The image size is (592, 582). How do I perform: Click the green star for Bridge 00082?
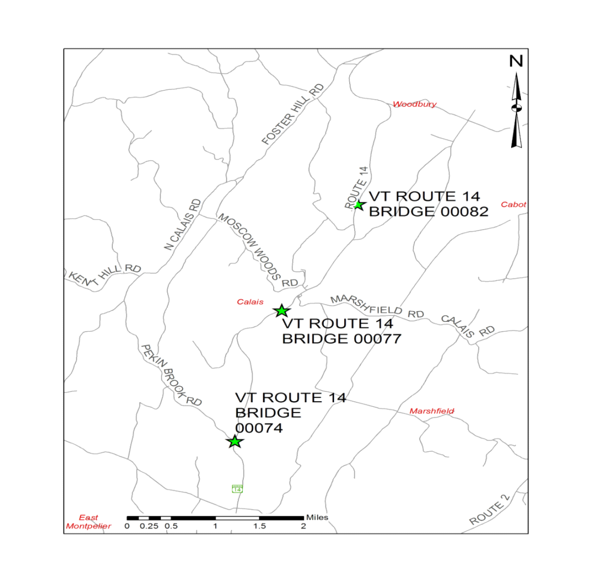359,205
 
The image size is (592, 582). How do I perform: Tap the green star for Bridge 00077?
281,311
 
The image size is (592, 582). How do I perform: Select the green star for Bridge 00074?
235,441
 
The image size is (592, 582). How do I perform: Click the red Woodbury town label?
414,104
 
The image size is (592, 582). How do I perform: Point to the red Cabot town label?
513,204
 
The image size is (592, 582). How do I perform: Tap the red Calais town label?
250,302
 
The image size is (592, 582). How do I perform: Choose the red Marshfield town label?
432,411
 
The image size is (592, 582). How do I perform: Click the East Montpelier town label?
89,522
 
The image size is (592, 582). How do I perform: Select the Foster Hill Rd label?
293,115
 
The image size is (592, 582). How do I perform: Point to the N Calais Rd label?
183,225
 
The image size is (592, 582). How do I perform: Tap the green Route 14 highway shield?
237,489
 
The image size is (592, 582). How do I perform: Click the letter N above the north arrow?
516,61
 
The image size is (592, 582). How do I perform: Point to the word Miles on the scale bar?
317,517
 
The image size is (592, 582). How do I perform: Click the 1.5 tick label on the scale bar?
259,526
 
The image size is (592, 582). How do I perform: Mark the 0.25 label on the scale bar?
149,526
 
